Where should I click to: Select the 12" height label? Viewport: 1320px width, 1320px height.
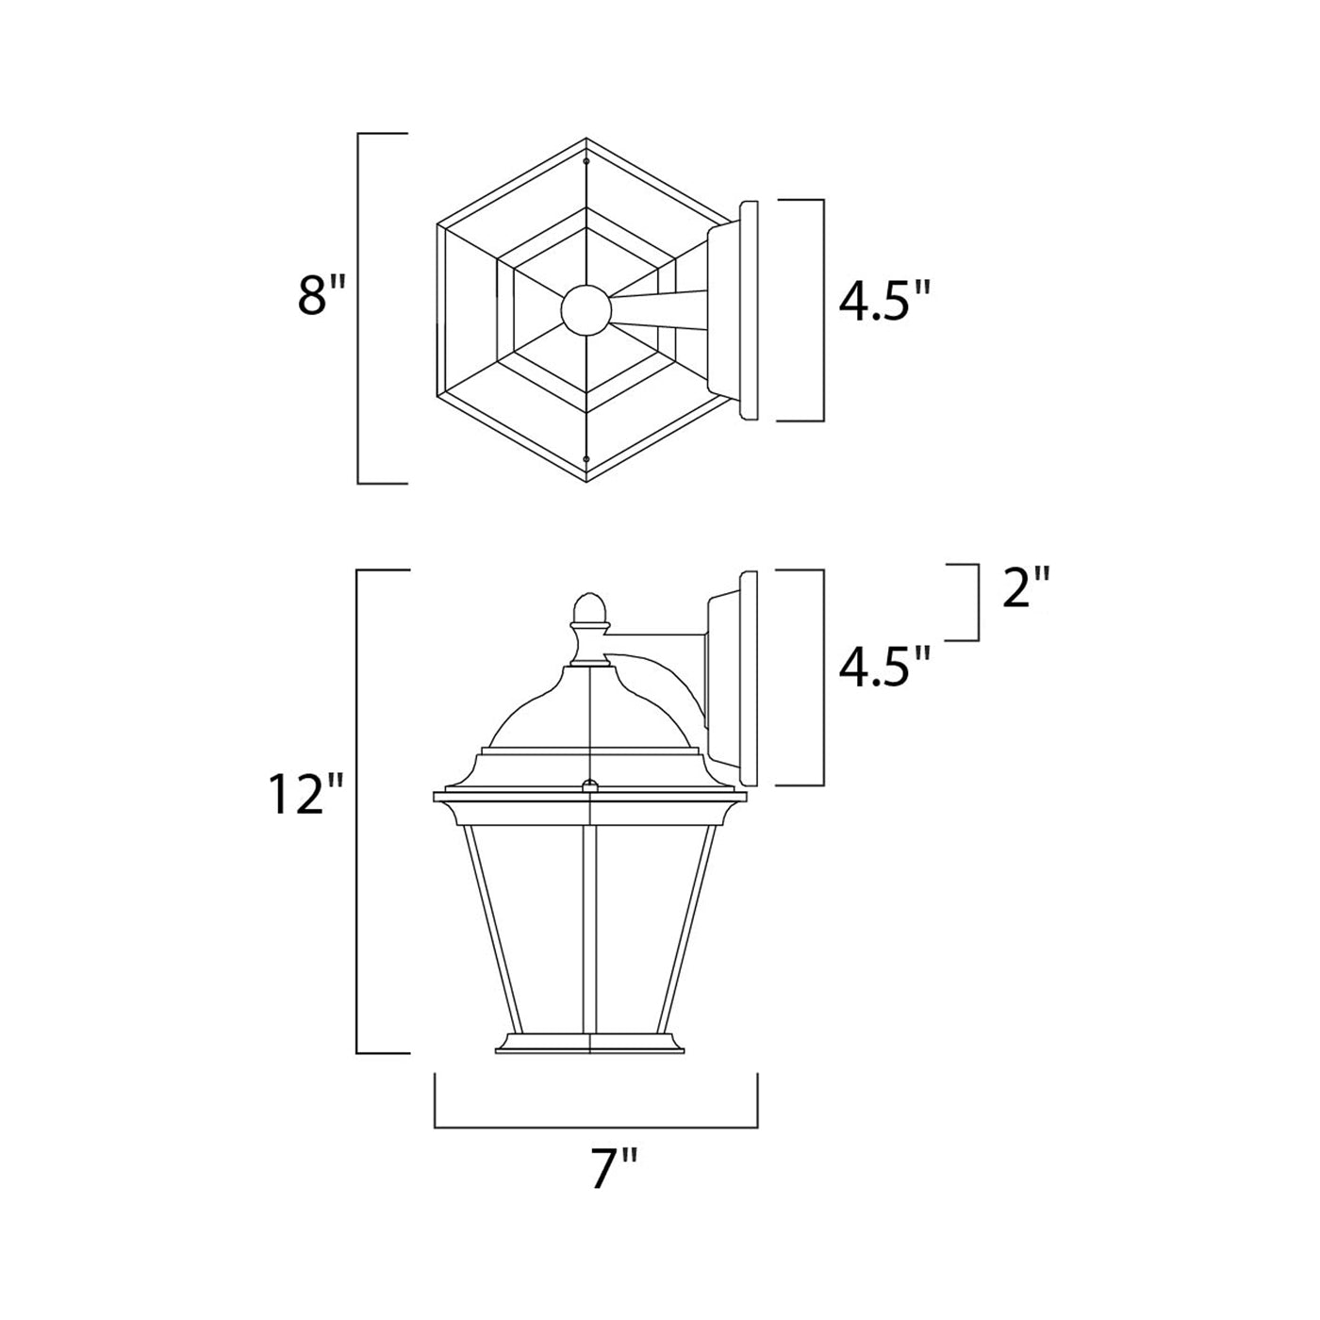(305, 794)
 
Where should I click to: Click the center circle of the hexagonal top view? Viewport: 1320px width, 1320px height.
(586, 310)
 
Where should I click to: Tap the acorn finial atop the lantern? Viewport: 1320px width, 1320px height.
(589, 611)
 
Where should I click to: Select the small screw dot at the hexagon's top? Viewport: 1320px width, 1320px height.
(586, 162)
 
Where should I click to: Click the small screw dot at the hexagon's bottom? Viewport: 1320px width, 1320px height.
(586, 458)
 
